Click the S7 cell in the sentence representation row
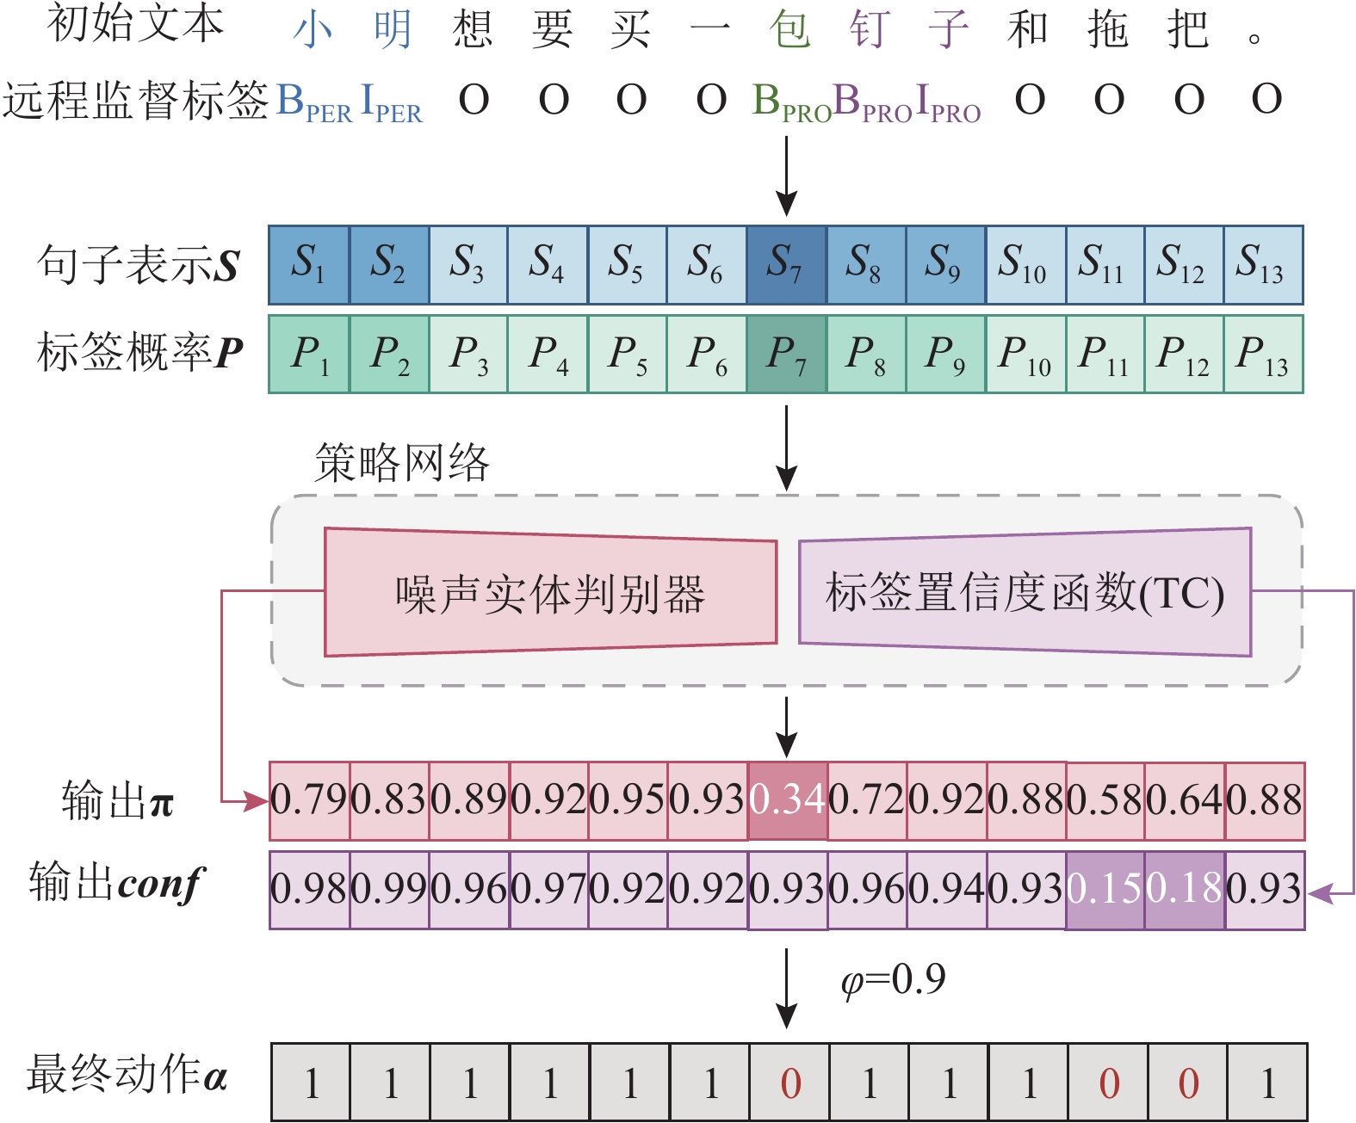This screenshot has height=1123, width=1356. [x=786, y=264]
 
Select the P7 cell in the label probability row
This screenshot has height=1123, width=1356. [x=786, y=354]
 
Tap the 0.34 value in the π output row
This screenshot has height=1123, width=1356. [x=787, y=800]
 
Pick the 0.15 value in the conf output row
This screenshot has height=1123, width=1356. [x=1105, y=890]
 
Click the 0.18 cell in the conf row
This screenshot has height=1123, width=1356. [x=1185, y=890]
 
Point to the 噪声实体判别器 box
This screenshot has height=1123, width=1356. [x=550, y=593]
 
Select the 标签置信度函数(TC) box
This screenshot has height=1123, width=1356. [x=1025, y=593]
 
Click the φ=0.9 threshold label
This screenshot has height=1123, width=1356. [x=894, y=979]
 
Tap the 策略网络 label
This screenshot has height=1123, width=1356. [x=402, y=463]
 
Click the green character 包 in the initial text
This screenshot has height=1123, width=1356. [x=789, y=31]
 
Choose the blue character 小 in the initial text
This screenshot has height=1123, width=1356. [x=313, y=31]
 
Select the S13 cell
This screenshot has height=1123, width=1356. [x=1262, y=264]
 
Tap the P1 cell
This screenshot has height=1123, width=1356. [x=309, y=354]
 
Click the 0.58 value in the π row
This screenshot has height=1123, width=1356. [x=1105, y=800]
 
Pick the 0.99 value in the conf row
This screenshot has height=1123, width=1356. [x=389, y=890]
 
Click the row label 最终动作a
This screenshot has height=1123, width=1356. [x=127, y=1076]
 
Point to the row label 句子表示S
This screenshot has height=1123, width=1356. [x=138, y=264]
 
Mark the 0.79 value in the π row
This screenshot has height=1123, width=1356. [x=309, y=800]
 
